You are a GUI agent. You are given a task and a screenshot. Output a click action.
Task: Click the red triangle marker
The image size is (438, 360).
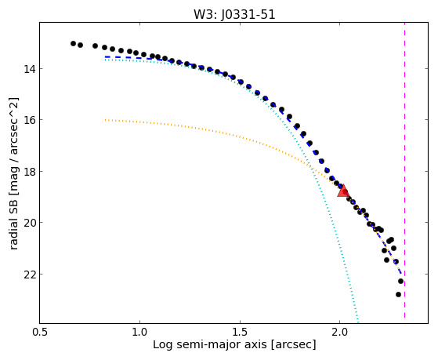(x=343, y=191)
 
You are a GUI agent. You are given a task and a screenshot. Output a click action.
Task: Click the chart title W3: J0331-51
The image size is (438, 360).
(x=234, y=15)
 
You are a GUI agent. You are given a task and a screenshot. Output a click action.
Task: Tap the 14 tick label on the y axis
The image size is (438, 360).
(x=29, y=68)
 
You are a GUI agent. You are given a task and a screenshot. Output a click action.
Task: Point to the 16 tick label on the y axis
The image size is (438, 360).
(x=29, y=120)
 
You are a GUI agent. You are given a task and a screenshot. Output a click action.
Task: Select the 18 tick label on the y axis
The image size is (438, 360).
(x=29, y=171)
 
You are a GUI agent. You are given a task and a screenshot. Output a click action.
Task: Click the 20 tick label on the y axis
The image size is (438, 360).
(x=29, y=223)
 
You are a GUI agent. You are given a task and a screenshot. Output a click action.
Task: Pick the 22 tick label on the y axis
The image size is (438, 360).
(x=29, y=275)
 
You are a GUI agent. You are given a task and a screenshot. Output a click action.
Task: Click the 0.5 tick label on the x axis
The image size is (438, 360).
(x=40, y=332)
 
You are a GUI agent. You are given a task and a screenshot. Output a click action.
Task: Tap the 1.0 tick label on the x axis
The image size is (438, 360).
(x=139, y=332)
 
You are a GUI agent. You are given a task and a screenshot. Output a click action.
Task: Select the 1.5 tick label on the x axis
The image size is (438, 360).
(x=240, y=332)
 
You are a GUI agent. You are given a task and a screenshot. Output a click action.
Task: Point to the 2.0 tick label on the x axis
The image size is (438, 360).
(x=339, y=332)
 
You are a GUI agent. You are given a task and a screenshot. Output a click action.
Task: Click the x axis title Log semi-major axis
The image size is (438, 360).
(x=210, y=344)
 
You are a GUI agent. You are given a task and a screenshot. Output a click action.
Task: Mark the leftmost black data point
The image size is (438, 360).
(x=73, y=43)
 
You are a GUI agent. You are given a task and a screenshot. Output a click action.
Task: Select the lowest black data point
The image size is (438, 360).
(x=398, y=294)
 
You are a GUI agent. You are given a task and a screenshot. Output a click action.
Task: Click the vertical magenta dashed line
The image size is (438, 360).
(x=405, y=170)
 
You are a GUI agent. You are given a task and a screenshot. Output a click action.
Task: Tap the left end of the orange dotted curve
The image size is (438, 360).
(x=105, y=120)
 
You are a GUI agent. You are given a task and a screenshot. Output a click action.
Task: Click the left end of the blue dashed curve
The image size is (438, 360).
(x=105, y=56)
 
